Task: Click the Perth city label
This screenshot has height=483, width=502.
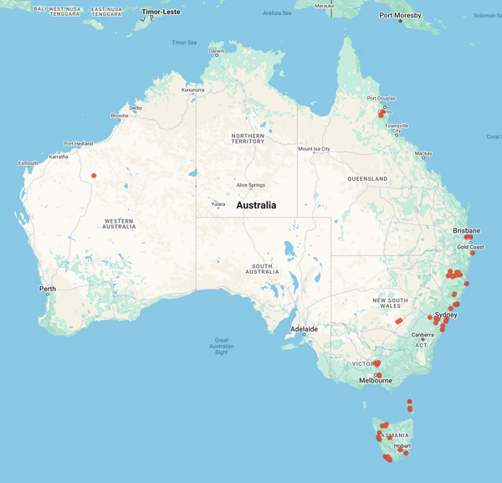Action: pyautogui.click(x=47, y=289)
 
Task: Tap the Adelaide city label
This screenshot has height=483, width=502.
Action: pyautogui.click(x=303, y=329)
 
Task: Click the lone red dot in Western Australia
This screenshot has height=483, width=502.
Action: pyautogui.click(x=95, y=176)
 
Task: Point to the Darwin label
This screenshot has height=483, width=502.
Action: pyautogui.click(x=217, y=51)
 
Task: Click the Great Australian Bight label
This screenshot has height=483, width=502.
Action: pyautogui.click(x=222, y=346)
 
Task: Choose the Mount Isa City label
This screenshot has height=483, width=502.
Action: pyautogui.click(x=315, y=149)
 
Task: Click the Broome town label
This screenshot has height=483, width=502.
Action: pyautogui.click(x=120, y=116)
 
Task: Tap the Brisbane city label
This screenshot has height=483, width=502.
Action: pyautogui.click(x=467, y=230)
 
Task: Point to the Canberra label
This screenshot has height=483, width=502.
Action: pyautogui.click(x=423, y=335)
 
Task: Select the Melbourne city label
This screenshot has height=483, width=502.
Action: pyautogui.click(x=376, y=380)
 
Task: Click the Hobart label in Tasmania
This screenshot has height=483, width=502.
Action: pyautogui.click(x=402, y=446)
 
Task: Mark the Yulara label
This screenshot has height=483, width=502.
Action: pyautogui.click(x=218, y=203)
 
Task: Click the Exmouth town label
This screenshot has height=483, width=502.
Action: pyautogui.click(x=28, y=162)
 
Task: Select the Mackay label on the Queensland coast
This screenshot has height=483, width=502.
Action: pyautogui.click(x=423, y=153)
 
